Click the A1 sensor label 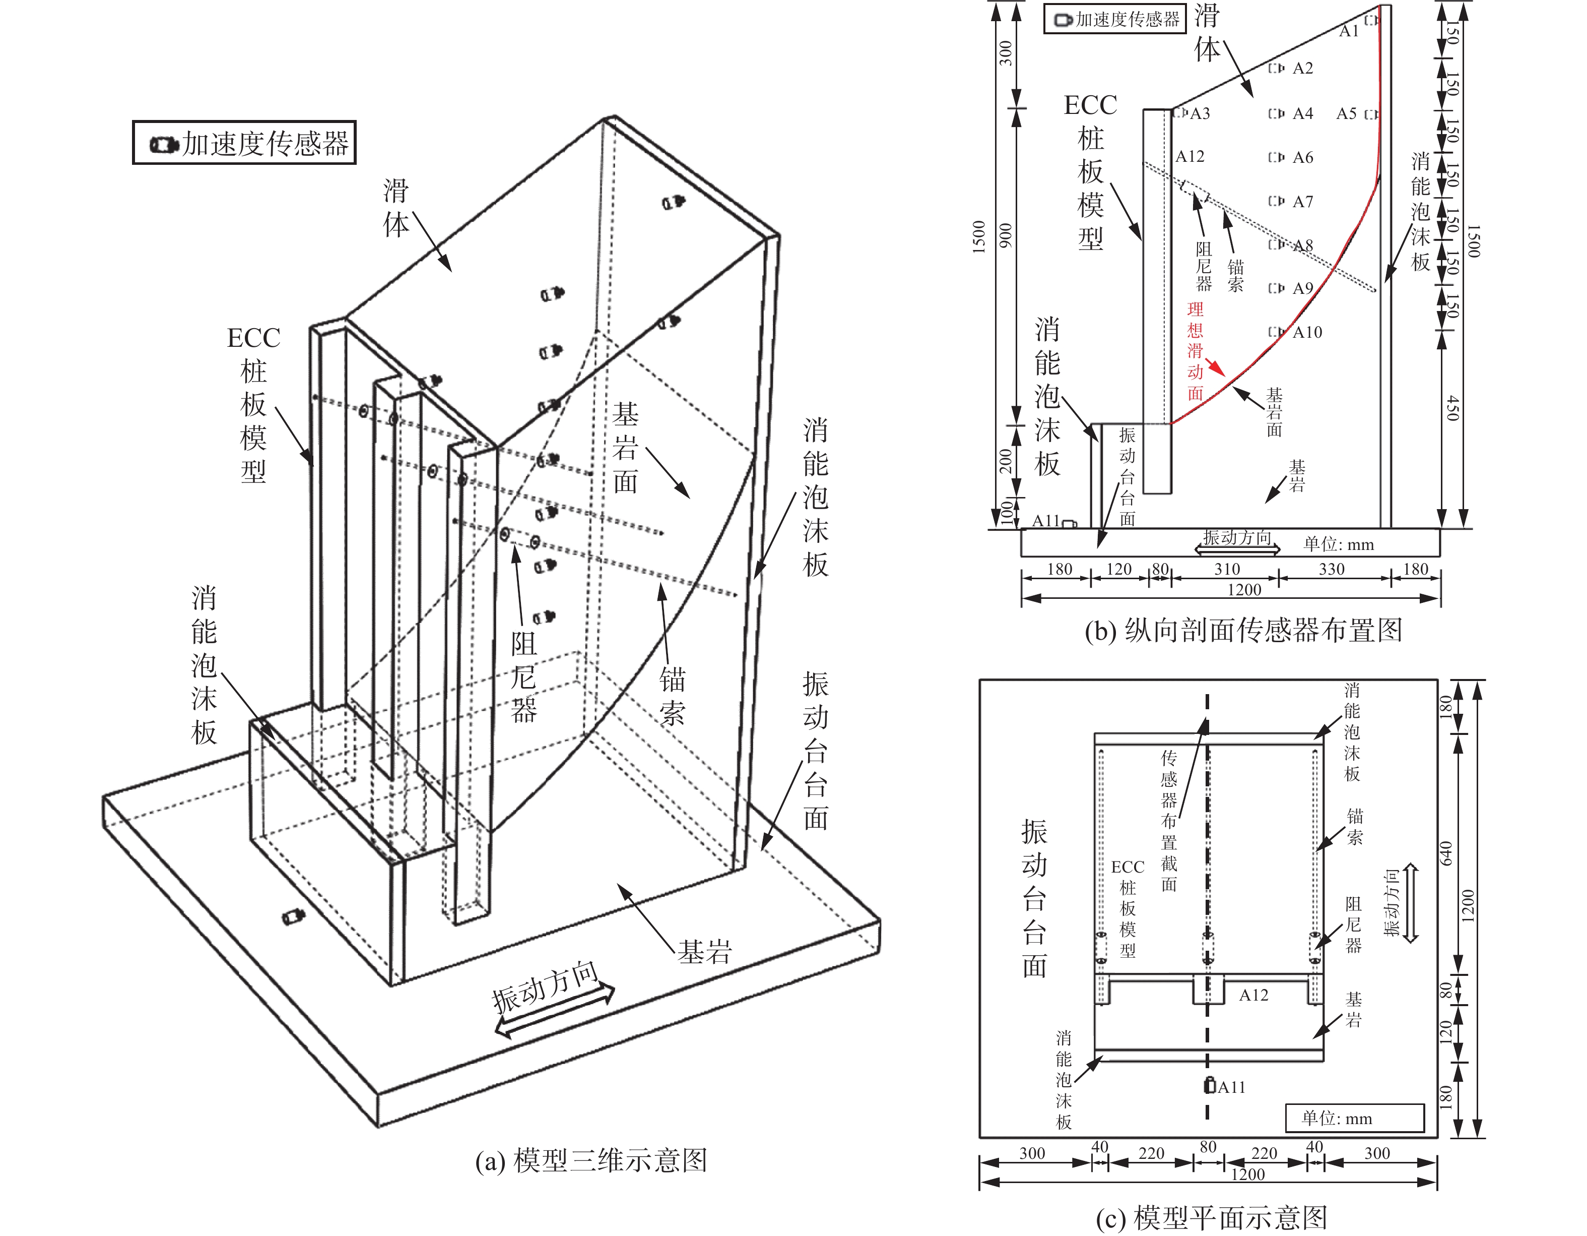[x=1349, y=31]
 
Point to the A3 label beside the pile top [x=1200, y=113]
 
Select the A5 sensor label [x=1347, y=113]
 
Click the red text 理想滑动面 [x=1196, y=352]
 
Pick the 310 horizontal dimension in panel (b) [x=1227, y=569]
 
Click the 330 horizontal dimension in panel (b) [x=1332, y=569]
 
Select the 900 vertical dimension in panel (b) [x=1005, y=235]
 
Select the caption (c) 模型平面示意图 [x=1212, y=1218]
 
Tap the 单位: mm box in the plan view [x=1354, y=1118]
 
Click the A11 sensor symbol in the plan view [x=1210, y=1085]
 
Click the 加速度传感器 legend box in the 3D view [x=244, y=143]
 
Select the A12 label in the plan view [x=1253, y=996]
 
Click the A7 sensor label [x=1303, y=202]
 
